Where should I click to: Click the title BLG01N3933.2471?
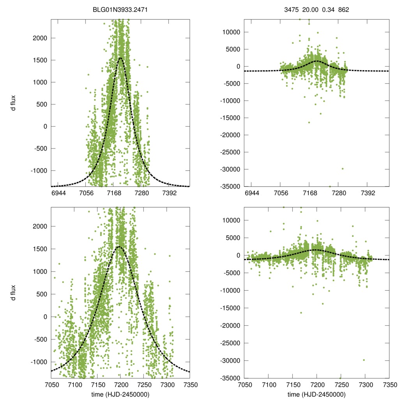pos(120,9)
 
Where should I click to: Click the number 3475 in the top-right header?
pos(291,9)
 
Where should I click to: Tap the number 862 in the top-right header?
pos(343,9)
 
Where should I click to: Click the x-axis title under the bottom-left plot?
pos(120,394)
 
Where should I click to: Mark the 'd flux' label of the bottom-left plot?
pos(14,293)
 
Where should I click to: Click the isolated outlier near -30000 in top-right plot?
pos(343,169)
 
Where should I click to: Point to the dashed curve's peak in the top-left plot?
pos(120,58)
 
